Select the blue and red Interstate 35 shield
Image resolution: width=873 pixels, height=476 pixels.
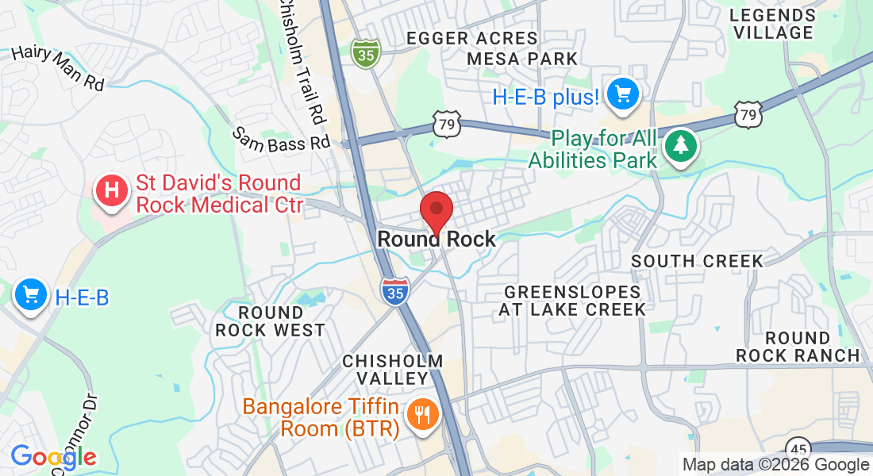click(394, 292)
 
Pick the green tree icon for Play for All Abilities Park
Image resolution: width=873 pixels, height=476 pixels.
click(680, 146)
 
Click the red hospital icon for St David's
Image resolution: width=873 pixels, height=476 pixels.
click(112, 191)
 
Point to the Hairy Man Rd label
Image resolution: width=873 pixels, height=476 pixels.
click(59, 67)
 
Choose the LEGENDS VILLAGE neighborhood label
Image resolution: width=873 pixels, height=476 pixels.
click(773, 24)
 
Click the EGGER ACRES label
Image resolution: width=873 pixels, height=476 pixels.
click(471, 38)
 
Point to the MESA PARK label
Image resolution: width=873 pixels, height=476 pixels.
click(522, 59)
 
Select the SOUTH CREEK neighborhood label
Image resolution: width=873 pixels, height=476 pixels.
click(697, 261)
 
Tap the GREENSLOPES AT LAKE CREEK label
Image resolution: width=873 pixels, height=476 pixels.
click(572, 301)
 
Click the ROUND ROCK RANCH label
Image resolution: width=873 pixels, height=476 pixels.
click(798, 347)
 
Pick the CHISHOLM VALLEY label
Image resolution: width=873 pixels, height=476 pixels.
click(392, 370)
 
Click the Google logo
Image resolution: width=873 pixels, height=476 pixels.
click(53, 457)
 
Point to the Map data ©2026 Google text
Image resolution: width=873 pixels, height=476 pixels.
click(775, 465)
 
